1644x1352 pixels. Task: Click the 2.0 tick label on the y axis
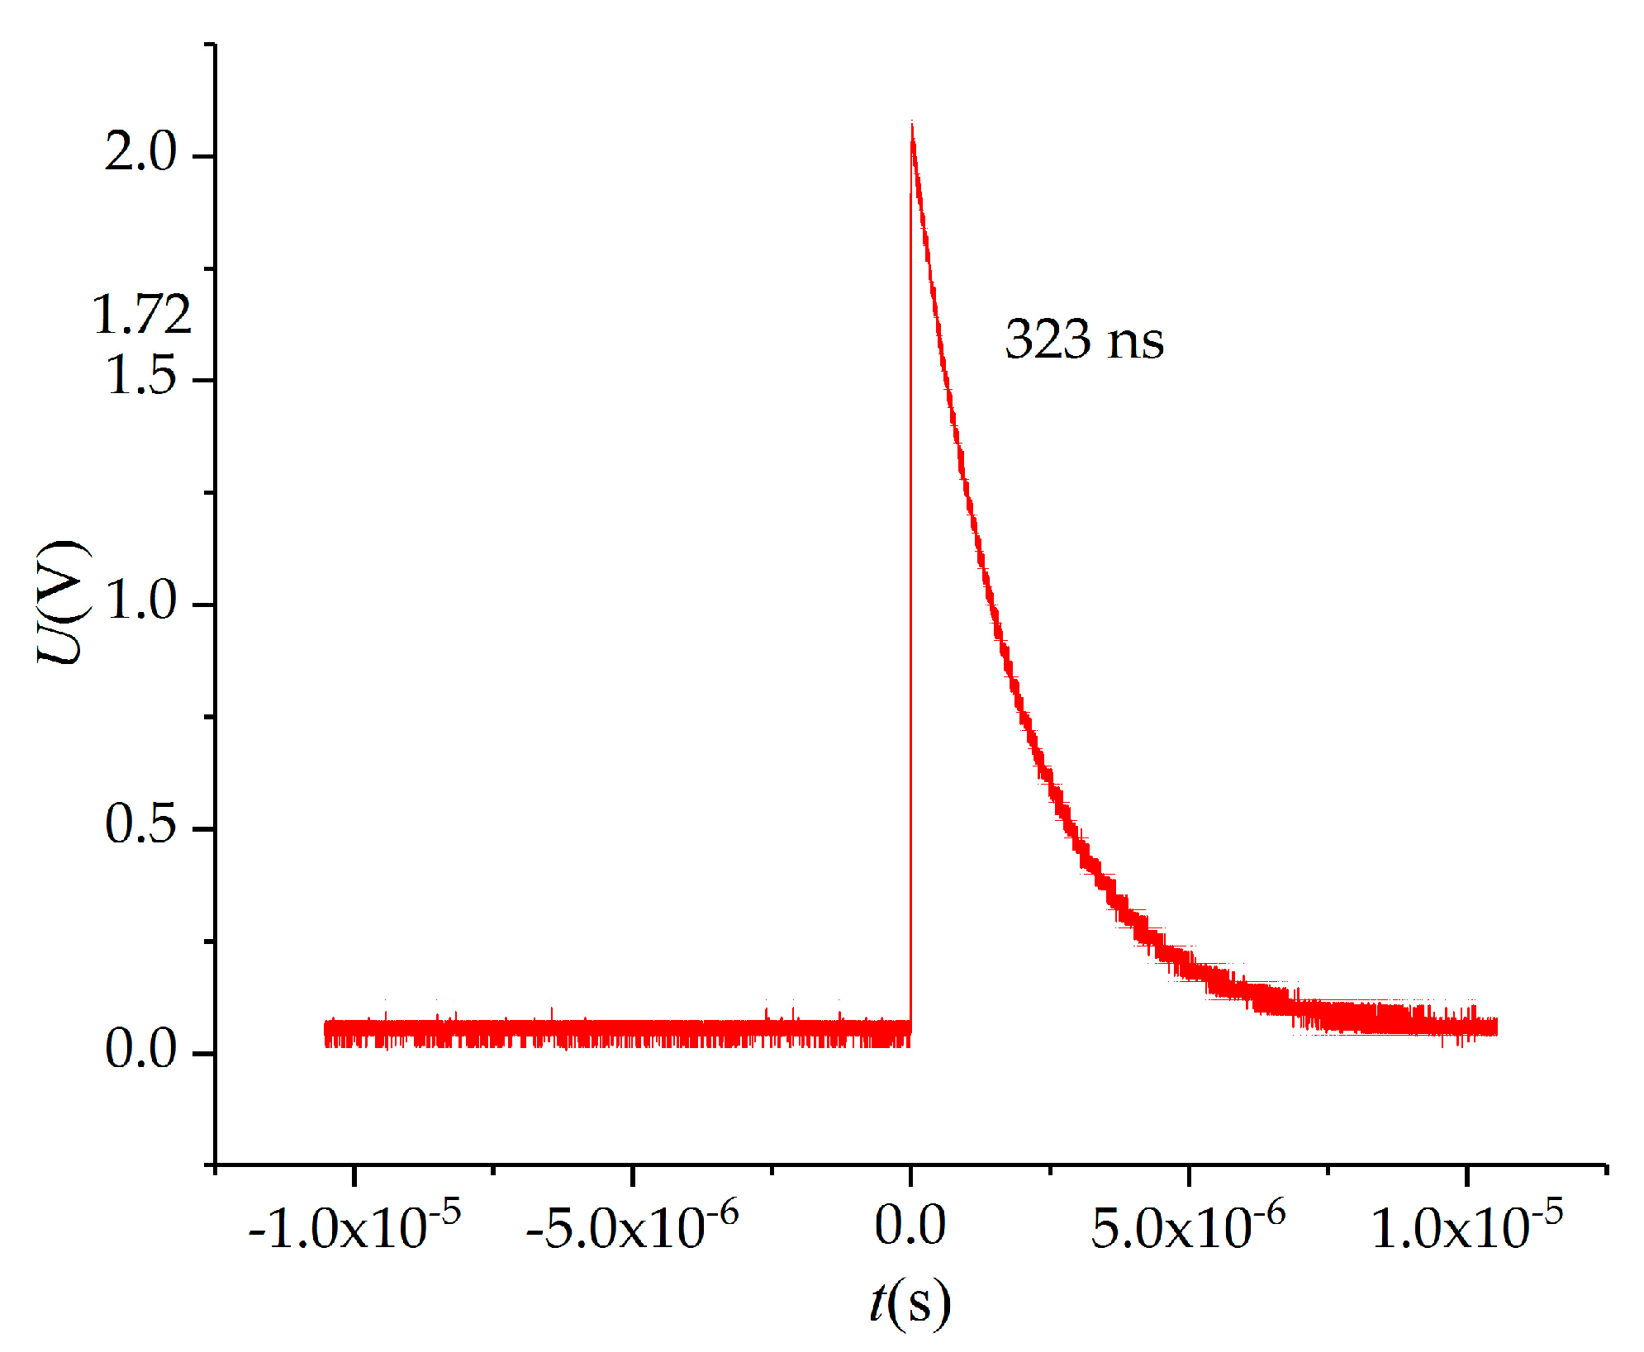click(x=141, y=153)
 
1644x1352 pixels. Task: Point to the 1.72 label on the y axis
click(x=141, y=315)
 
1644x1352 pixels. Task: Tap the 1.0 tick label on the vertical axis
click(x=141, y=600)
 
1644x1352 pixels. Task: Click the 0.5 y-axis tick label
click(x=141, y=825)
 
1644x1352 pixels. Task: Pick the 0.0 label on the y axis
click(x=141, y=1050)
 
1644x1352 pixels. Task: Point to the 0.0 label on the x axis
click(x=910, y=1225)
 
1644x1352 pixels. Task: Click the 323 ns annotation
click(x=1084, y=339)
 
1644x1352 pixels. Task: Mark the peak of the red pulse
click(x=911, y=124)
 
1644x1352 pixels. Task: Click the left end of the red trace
click(x=325, y=1032)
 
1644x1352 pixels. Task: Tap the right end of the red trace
click(x=1496, y=1027)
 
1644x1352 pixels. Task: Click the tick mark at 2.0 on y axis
click(x=203, y=155)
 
